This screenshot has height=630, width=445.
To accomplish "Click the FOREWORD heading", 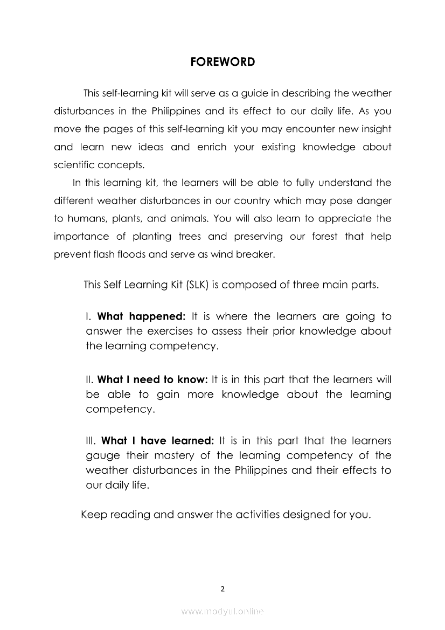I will pyautogui.click(x=222, y=62).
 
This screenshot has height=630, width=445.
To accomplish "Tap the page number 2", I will pyautogui.click(x=222, y=589).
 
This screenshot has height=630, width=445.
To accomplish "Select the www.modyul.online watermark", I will pyautogui.click(x=222, y=611).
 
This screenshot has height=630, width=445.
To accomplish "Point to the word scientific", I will pyautogui.click(x=74, y=165).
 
